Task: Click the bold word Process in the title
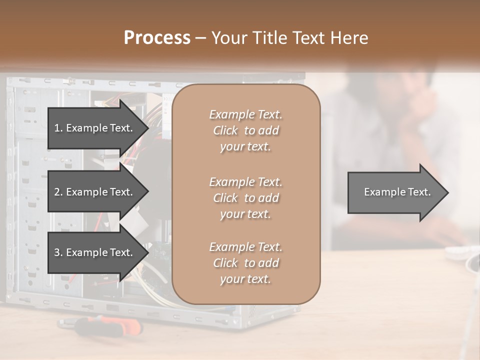157,38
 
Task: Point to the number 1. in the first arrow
58,128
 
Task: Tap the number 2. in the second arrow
58,192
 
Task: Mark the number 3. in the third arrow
58,252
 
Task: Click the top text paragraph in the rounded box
245,130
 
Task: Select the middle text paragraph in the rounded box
245,198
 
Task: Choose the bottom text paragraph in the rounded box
245,263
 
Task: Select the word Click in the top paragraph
225,130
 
